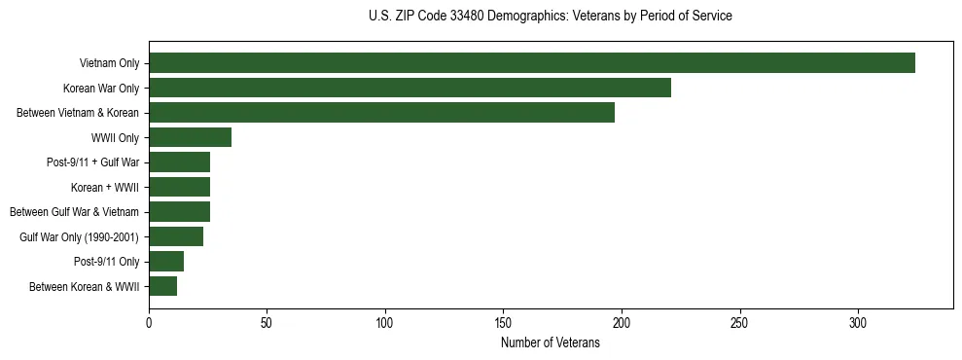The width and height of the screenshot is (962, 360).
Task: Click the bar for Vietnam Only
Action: (x=532, y=63)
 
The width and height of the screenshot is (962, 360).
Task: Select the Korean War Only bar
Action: (x=410, y=88)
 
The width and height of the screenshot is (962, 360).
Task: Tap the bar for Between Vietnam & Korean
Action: (x=381, y=113)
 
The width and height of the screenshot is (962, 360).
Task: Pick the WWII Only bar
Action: (x=190, y=137)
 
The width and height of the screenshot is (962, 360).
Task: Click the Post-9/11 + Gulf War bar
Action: (x=179, y=162)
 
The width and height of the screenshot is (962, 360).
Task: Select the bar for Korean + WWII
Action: (x=179, y=187)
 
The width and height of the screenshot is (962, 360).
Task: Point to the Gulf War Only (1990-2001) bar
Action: (x=176, y=236)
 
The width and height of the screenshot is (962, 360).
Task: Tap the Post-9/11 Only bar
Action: (x=166, y=262)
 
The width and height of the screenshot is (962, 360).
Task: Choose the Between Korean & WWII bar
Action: (x=162, y=286)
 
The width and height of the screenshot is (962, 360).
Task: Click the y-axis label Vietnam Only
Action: (x=109, y=64)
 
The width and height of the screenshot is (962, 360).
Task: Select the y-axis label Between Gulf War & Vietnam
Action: (x=75, y=212)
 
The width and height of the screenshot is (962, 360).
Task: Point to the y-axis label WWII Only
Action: (x=115, y=138)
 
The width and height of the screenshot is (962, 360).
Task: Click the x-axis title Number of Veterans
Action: (x=551, y=342)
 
